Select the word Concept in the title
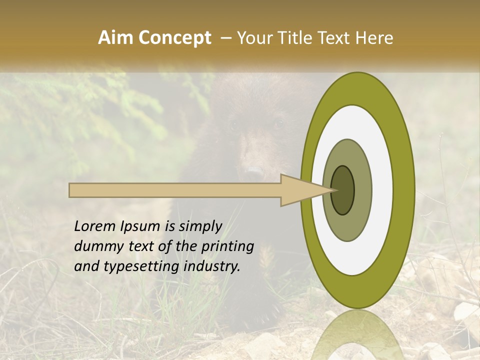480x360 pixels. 174,38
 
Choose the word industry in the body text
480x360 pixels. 212,266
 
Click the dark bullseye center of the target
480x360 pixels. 342,190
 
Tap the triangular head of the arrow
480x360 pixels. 300,190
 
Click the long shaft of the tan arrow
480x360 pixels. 175,190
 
